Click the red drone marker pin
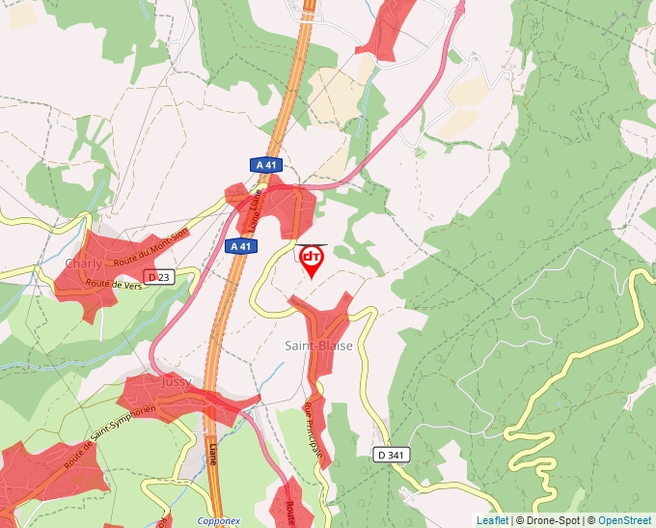(x=312, y=260)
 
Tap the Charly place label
(x=82, y=264)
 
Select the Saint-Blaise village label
(x=318, y=346)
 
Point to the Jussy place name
(x=177, y=382)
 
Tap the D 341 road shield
(x=393, y=455)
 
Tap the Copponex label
(x=218, y=521)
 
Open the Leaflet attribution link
(x=492, y=520)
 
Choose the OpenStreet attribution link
(x=624, y=520)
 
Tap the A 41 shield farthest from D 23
(x=265, y=165)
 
